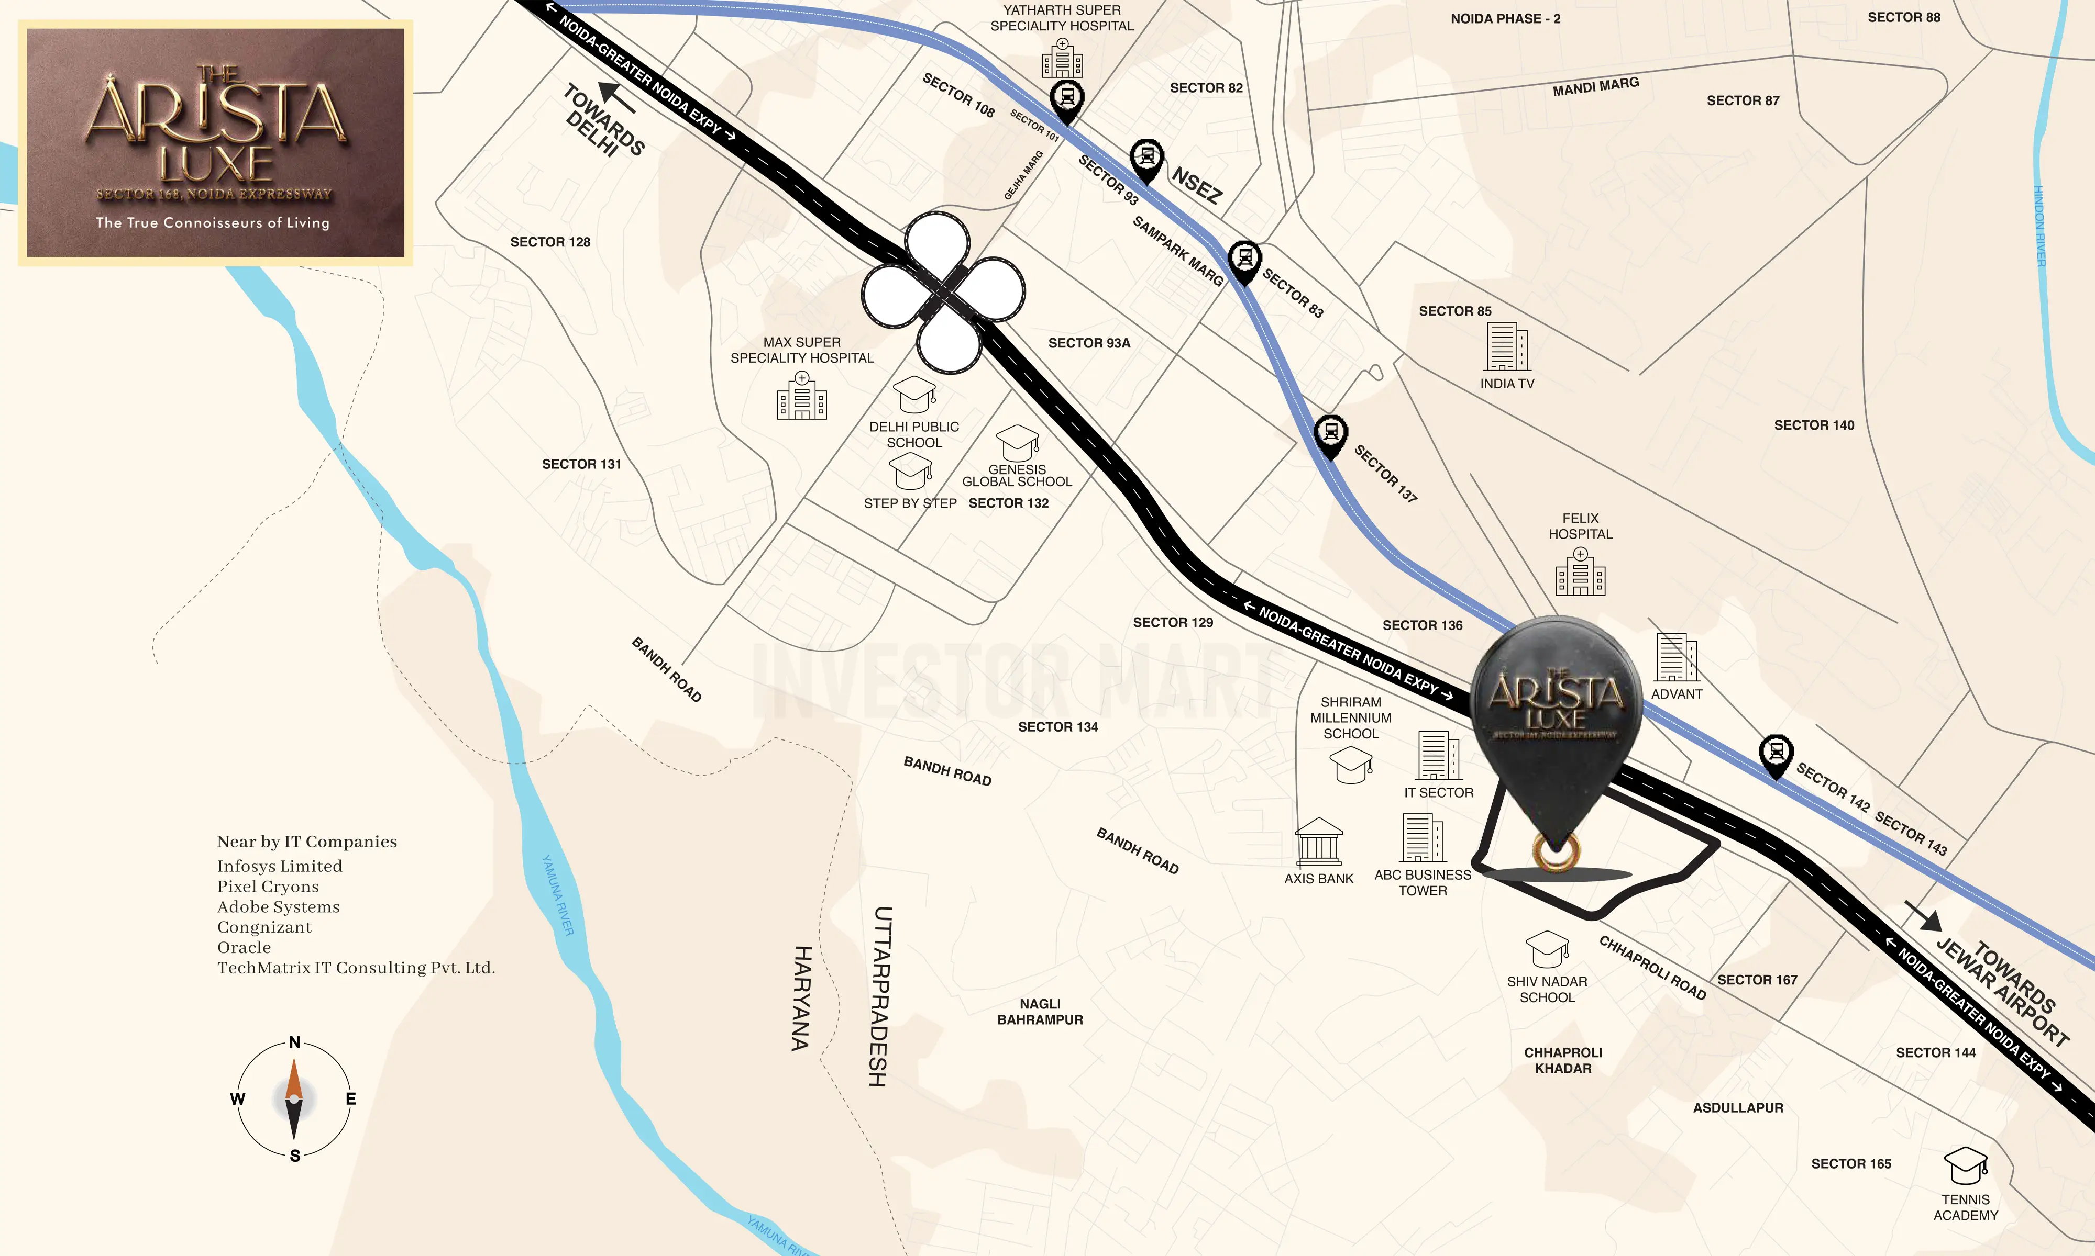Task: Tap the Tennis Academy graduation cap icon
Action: (1966, 1167)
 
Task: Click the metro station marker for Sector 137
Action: (1330, 435)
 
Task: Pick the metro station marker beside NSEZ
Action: (1146, 159)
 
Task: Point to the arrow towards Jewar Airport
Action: (1924, 915)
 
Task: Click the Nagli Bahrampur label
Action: (1040, 1012)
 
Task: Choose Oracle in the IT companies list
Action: (244, 948)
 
